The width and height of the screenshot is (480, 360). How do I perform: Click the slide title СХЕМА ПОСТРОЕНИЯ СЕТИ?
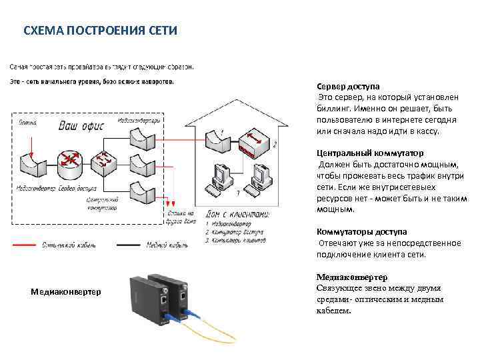click(x=101, y=31)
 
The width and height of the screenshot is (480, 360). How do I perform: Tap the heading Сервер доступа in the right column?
click(x=348, y=87)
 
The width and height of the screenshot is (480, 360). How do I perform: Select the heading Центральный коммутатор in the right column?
click(x=359, y=153)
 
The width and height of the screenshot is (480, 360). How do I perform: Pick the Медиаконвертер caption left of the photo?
click(x=66, y=291)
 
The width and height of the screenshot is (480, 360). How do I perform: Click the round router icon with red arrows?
click(x=69, y=162)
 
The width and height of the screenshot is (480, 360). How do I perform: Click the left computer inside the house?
click(x=220, y=177)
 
